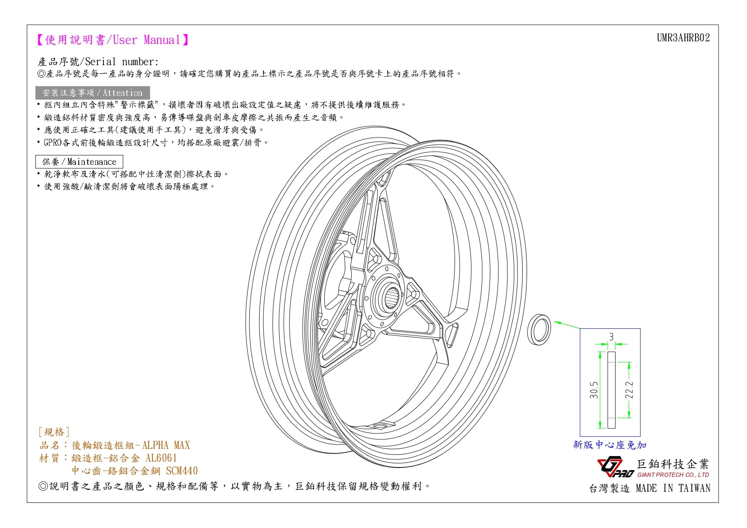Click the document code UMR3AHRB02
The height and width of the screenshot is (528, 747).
pyautogui.click(x=683, y=38)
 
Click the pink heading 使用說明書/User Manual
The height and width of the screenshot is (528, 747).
pyautogui.click(x=113, y=40)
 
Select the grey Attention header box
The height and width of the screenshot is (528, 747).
pyautogui.click(x=92, y=93)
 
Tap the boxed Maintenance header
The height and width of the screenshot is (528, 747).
pyautogui.click(x=79, y=162)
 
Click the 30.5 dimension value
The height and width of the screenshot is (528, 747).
pyautogui.click(x=594, y=390)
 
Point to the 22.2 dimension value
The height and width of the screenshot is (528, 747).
pyautogui.click(x=629, y=390)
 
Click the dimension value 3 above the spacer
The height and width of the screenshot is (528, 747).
pyautogui.click(x=611, y=337)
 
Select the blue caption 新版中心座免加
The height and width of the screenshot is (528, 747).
pyautogui.click(x=610, y=445)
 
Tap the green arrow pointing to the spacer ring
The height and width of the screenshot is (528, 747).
pyautogui.click(x=567, y=325)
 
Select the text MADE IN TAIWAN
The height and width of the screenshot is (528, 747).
pyautogui.click(x=673, y=488)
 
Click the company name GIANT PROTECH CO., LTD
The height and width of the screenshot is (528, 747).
pyautogui.click(x=673, y=475)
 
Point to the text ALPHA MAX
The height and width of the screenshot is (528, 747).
pyautogui.click(x=166, y=445)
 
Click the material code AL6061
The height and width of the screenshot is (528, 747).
pyautogui.click(x=161, y=458)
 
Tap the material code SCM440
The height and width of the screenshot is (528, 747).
pyautogui.click(x=182, y=471)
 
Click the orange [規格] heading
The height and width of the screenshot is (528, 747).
pyautogui.click(x=54, y=432)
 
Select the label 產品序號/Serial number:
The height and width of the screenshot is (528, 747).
pyautogui.click(x=98, y=62)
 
